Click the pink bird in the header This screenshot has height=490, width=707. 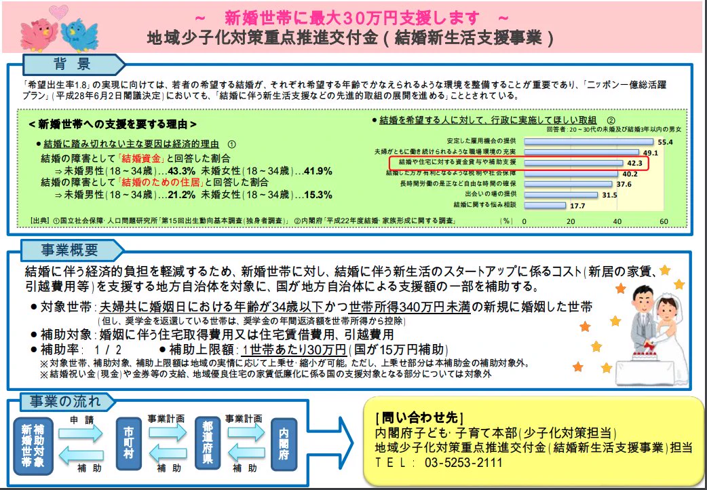click(38, 31)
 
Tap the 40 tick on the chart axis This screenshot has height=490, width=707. click(617, 222)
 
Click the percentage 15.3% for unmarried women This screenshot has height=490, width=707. click(318, 195)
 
